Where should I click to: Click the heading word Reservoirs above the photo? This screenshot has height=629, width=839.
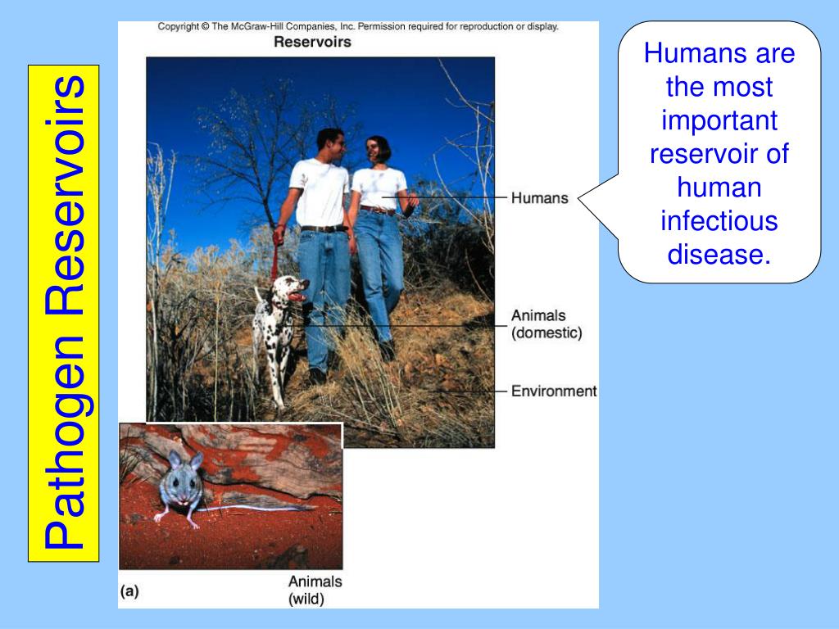(x=312, y=42)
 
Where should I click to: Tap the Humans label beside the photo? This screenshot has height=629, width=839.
(x=539, y=198)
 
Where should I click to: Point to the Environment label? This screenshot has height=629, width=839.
(x=554, y=391)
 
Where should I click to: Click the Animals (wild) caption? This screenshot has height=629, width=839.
(x=315, y=591)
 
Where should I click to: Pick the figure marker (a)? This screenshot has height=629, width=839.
(x=130, y=591)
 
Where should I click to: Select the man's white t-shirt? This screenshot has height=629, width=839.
(x=320, y=191)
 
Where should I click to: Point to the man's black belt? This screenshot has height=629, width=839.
(x=323, y=229)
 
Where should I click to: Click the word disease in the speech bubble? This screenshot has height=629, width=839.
(x=719, y=255)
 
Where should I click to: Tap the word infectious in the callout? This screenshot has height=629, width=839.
(x=719, y=221)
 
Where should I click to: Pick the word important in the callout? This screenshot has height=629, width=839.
(x=719, y=120)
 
